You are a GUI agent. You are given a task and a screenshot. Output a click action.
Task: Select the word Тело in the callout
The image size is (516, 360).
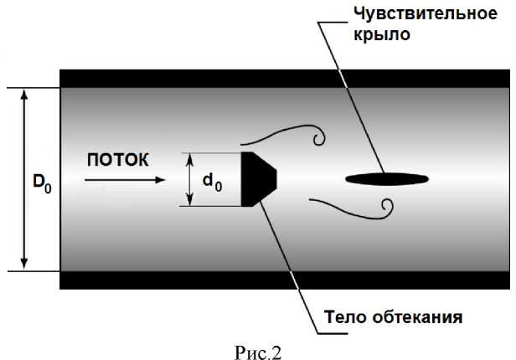343,317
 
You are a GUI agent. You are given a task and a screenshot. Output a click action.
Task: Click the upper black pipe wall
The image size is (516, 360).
285,78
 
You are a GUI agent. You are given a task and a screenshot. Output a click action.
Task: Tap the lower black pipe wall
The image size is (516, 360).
285,280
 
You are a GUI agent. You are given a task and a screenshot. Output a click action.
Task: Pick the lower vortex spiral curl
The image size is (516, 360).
387,206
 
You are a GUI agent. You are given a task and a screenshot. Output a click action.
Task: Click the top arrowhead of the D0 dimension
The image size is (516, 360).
24,92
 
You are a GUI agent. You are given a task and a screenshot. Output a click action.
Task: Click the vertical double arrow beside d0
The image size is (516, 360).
190,178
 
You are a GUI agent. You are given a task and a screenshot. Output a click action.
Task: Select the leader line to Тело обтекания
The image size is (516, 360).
289,259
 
